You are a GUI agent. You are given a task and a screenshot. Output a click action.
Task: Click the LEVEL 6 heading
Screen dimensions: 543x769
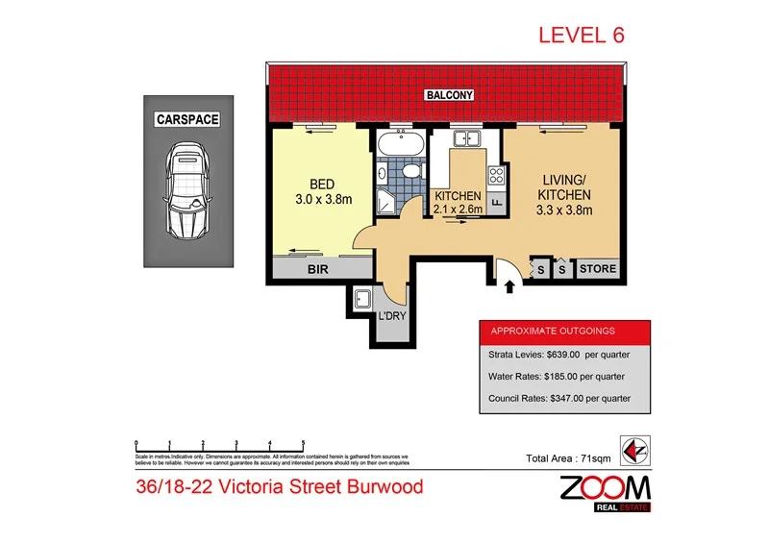(581, 36)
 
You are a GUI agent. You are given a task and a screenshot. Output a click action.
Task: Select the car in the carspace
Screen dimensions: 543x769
(189, 190)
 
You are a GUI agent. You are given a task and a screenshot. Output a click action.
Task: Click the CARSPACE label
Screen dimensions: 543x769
(188, 119)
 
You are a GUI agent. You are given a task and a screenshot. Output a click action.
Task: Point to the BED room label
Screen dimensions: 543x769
(321, 185)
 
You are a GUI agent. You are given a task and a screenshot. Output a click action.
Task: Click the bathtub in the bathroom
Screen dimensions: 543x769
(398, 146)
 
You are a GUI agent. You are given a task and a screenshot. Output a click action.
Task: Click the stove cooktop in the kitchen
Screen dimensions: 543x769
(497, 175)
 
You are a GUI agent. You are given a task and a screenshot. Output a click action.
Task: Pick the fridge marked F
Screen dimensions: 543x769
(497, 203)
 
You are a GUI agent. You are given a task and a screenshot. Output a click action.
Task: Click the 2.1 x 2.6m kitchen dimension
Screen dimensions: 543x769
(458, 210)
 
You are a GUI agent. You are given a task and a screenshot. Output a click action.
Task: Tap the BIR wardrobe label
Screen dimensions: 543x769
(318, 271)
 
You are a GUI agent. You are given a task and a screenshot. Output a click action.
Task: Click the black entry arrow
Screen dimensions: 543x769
(509, 284)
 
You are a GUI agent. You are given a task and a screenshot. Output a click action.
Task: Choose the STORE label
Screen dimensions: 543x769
(596, 270)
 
